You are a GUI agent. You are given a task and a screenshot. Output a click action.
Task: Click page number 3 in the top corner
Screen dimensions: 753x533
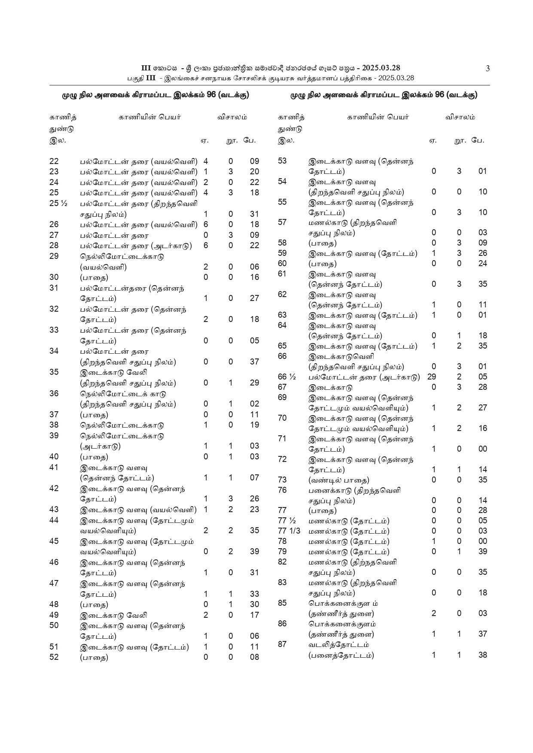coord(487,68)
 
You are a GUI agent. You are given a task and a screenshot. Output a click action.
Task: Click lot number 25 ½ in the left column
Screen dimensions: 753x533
coord(58,203)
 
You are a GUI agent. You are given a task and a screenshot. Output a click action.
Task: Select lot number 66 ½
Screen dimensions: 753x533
coord(287,377)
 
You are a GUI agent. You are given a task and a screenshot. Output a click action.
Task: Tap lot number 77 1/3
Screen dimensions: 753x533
coord(289,531)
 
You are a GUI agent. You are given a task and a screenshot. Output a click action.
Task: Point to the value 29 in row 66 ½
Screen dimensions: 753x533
coord(432,377)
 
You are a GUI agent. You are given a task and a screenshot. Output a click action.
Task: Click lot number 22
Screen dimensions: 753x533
coord(54,161)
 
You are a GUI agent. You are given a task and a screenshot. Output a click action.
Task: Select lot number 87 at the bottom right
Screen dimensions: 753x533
coord(282,644)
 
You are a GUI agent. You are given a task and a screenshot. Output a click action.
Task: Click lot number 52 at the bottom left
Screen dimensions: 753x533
coord(54,657)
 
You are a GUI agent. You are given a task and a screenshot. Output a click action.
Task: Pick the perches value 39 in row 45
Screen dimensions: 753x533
coord(255,552)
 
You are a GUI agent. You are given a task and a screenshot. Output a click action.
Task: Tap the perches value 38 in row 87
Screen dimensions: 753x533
coord(483,655)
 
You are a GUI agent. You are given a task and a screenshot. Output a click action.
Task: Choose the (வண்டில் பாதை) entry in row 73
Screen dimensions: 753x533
coord(339,480)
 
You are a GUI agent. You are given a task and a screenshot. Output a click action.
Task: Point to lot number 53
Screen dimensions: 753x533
coord(282,161)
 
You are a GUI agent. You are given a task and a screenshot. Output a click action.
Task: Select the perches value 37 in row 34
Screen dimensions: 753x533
coord(255,362)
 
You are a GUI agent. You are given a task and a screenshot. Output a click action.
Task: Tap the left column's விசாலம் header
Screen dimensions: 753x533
coord(232,117)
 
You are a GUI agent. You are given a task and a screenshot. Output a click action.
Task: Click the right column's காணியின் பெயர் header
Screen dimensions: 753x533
coord(378,117)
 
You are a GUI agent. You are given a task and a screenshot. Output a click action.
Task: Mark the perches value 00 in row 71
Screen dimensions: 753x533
coord(483,449)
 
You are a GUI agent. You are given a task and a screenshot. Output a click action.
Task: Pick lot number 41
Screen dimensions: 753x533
coord(54,468)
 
